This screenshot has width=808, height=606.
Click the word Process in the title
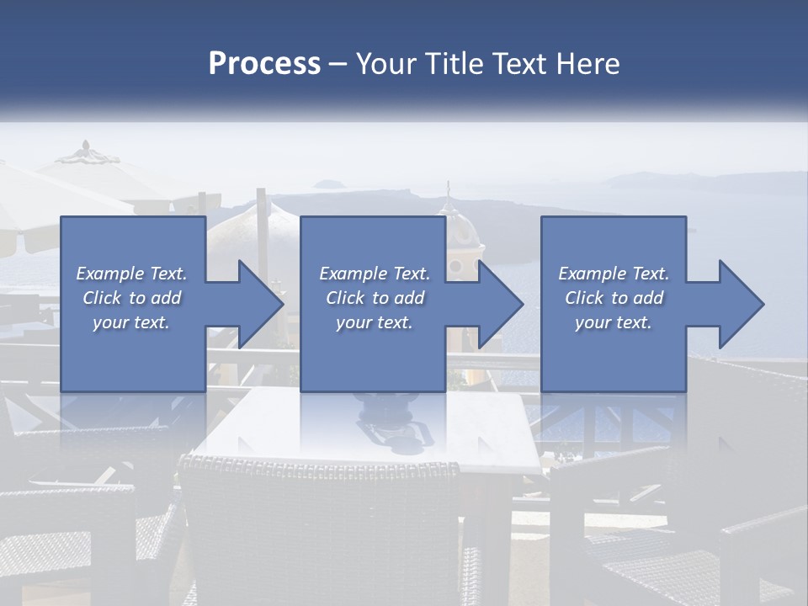264,64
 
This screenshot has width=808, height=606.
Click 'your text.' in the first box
131,322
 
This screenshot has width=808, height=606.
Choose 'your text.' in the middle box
374,322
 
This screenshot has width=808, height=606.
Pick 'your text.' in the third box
614,322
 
